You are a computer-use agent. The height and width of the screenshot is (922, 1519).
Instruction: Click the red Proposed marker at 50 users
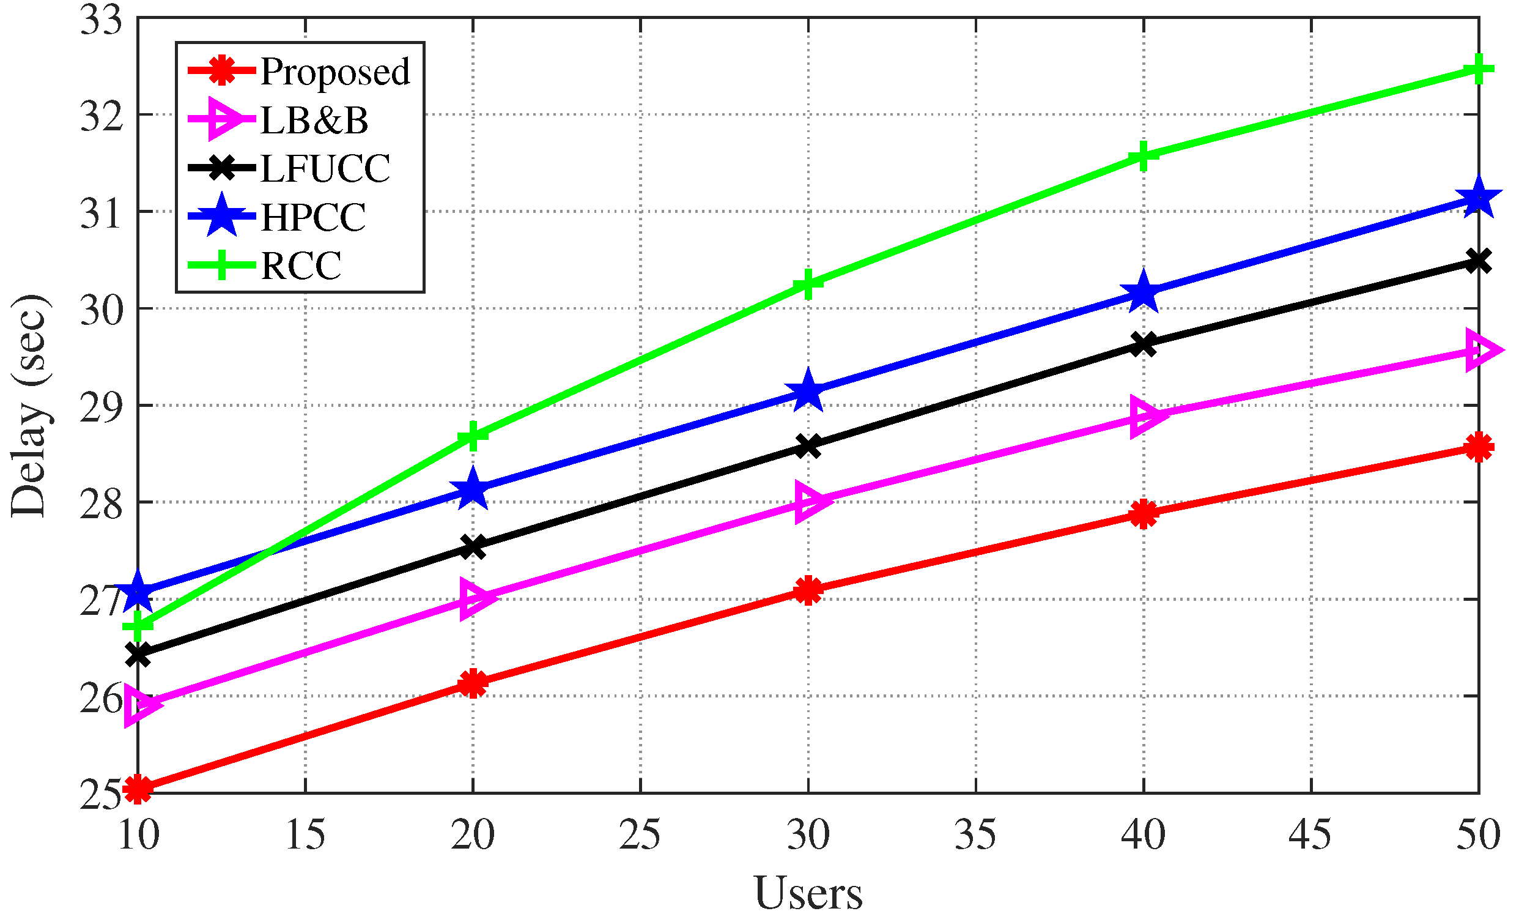(x=1478, y=447)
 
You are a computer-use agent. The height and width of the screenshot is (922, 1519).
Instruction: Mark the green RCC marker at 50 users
(x=1478, y=69)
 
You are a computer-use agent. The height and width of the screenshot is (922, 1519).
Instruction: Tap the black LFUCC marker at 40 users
(x=1144, y=344)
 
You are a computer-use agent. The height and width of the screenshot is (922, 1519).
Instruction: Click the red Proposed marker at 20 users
(x=473, y=683)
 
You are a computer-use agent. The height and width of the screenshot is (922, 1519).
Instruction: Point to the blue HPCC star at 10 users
(x=138, y=591)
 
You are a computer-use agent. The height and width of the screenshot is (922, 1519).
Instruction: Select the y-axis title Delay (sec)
(x=29, y=405)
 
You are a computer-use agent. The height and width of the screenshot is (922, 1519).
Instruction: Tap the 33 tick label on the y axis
(x=101, y=20)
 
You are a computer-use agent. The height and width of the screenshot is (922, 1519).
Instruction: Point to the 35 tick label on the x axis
(x=975, y=835)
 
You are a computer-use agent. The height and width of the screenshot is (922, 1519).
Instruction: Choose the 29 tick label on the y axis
(x=101, y=406)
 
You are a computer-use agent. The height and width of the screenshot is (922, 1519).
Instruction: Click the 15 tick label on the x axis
(x=305, y=835)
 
